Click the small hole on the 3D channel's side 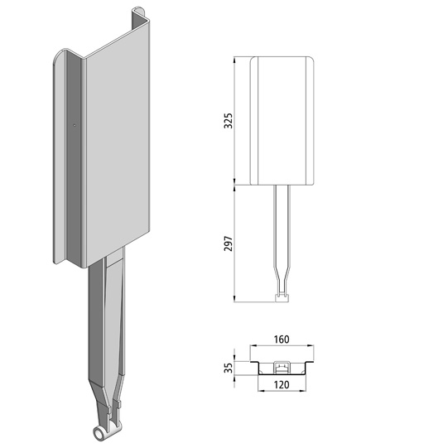(x=75, y=126)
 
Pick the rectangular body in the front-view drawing (x=284, y=120)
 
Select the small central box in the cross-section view (x=283, y=365)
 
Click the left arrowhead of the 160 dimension (x=253, y=348)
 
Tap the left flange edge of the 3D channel (x=57, y=157)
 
